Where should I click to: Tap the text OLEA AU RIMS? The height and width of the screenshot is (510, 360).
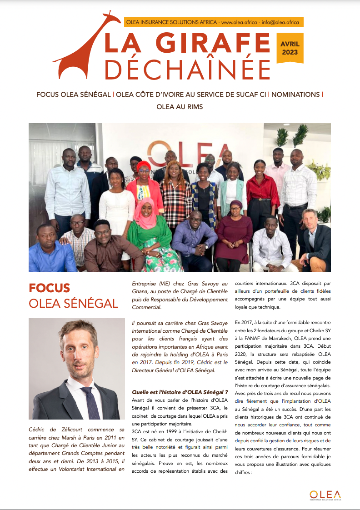tap(180, 106)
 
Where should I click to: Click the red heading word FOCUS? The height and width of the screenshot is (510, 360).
tap(50, 288)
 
